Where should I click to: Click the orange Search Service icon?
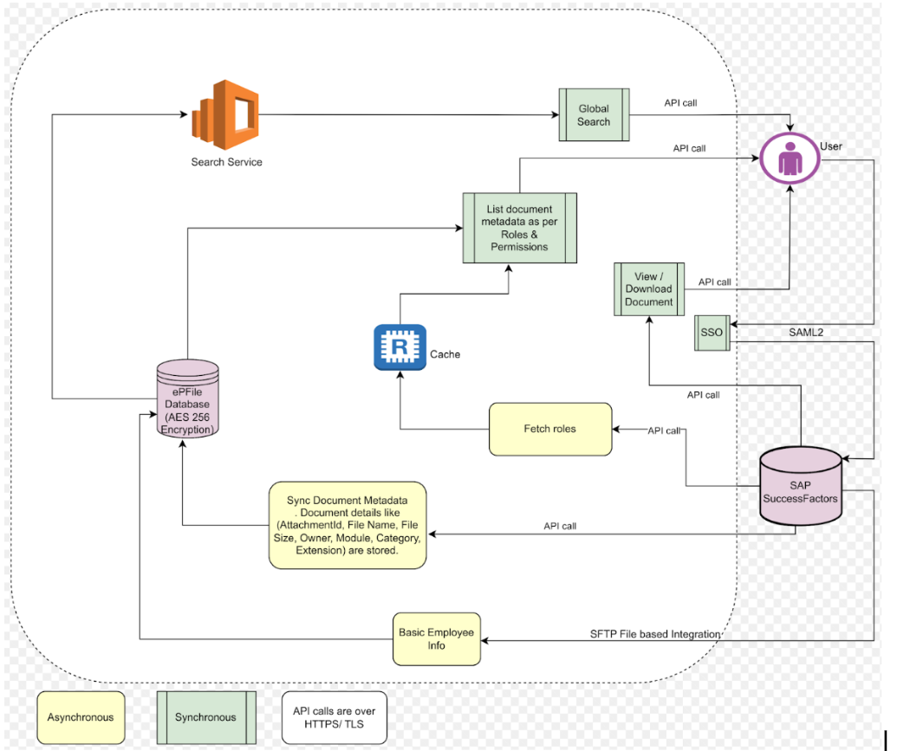pyautogui.click(x=225, y=113)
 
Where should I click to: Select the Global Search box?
pyautogui.click(x=594, y=115)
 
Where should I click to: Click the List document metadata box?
pyautogui.click(x=519, y=229)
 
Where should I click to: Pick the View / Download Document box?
pyautogui.click(x=648, y=289)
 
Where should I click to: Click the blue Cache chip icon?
pyautogui.click(x=400, y=347)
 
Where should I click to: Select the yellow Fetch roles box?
pyautogui.click(x=549, y=429)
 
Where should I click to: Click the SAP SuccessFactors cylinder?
pyautogui.click(x=800, y=488)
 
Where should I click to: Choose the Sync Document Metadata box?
pyautogui.click(x=347, y=525)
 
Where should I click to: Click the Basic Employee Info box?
pyautogui.click(x=436, y=639)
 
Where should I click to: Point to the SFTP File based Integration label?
pyautogui.click(x=649, y=635)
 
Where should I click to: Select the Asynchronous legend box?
pyautogui.click(x=81, y=716)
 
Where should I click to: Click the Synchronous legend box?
pyautogui.click(x=205, y=716)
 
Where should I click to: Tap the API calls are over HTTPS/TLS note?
pyautogui.click(x=334, y=716)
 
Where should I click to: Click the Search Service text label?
pyautogui.click(x=226, y=163)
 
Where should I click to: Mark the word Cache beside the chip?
pyautogui.click(x=445, y=354)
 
